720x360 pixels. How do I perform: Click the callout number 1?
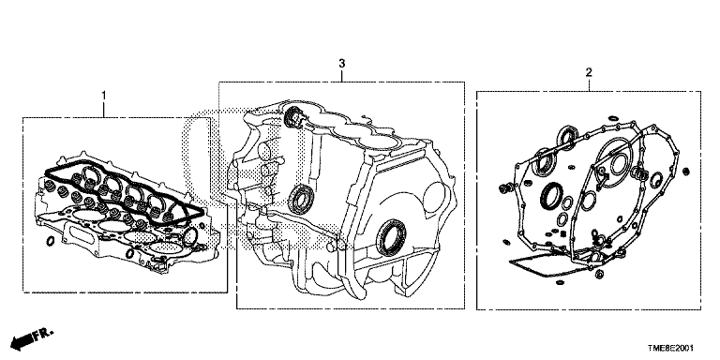pyautogui.click(x=104, y=96)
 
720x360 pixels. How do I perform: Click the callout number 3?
pyautogui.click(x=341, y=64)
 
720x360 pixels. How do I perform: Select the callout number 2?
pyautogui.click(x=589, y=72)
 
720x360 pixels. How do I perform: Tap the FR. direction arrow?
pyautogui.click(x=31, y=338)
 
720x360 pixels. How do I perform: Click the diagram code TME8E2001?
pyautogui.click(x=671, y=349)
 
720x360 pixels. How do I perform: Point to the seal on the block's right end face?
pyautogui.click(x=391, y=237)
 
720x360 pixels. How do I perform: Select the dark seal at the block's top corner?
pyautogui.click(x=292, y=117)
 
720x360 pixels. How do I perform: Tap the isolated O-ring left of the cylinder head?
pyautogui.click(x=51, y=241)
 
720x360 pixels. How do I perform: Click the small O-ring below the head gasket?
pyautogui.click(x=130, y=253)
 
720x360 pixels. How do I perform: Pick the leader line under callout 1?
pyautogui.click(x=104, y=110)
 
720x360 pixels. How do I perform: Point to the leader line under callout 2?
pyautogui.click(x=589, y=84)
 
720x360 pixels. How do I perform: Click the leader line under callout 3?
pyautogui.click(x=341, y=75)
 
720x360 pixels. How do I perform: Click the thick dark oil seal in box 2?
pyautogui.click(x=552, y=196)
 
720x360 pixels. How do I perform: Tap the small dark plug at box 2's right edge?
pyautogui.click(x=686, y=172)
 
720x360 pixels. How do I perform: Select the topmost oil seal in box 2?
pyautogui.click(x=569, y=138)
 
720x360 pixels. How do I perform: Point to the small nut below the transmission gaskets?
pyautogui.click(x=599, y=275)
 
